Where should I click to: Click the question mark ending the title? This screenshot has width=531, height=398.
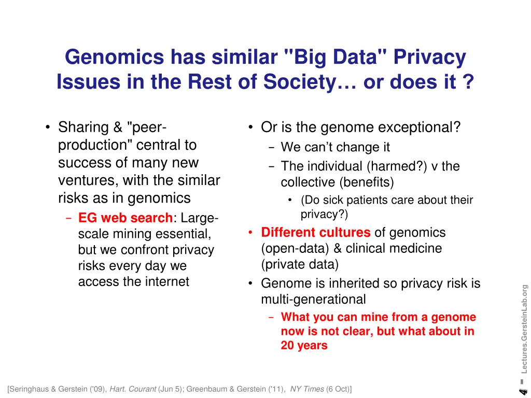468,82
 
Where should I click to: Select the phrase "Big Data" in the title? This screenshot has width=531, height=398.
336,58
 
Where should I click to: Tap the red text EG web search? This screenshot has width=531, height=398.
125,218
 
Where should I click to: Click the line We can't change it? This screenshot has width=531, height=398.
335,147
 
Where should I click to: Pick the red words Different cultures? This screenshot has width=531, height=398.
316,232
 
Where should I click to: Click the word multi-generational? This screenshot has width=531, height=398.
313,300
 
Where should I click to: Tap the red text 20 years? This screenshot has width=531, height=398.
304,346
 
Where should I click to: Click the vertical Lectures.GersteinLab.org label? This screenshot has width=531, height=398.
524,329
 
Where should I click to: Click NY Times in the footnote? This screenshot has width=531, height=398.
307,389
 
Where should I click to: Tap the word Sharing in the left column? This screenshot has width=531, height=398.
83,127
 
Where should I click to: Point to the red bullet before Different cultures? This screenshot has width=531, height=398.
250,233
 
